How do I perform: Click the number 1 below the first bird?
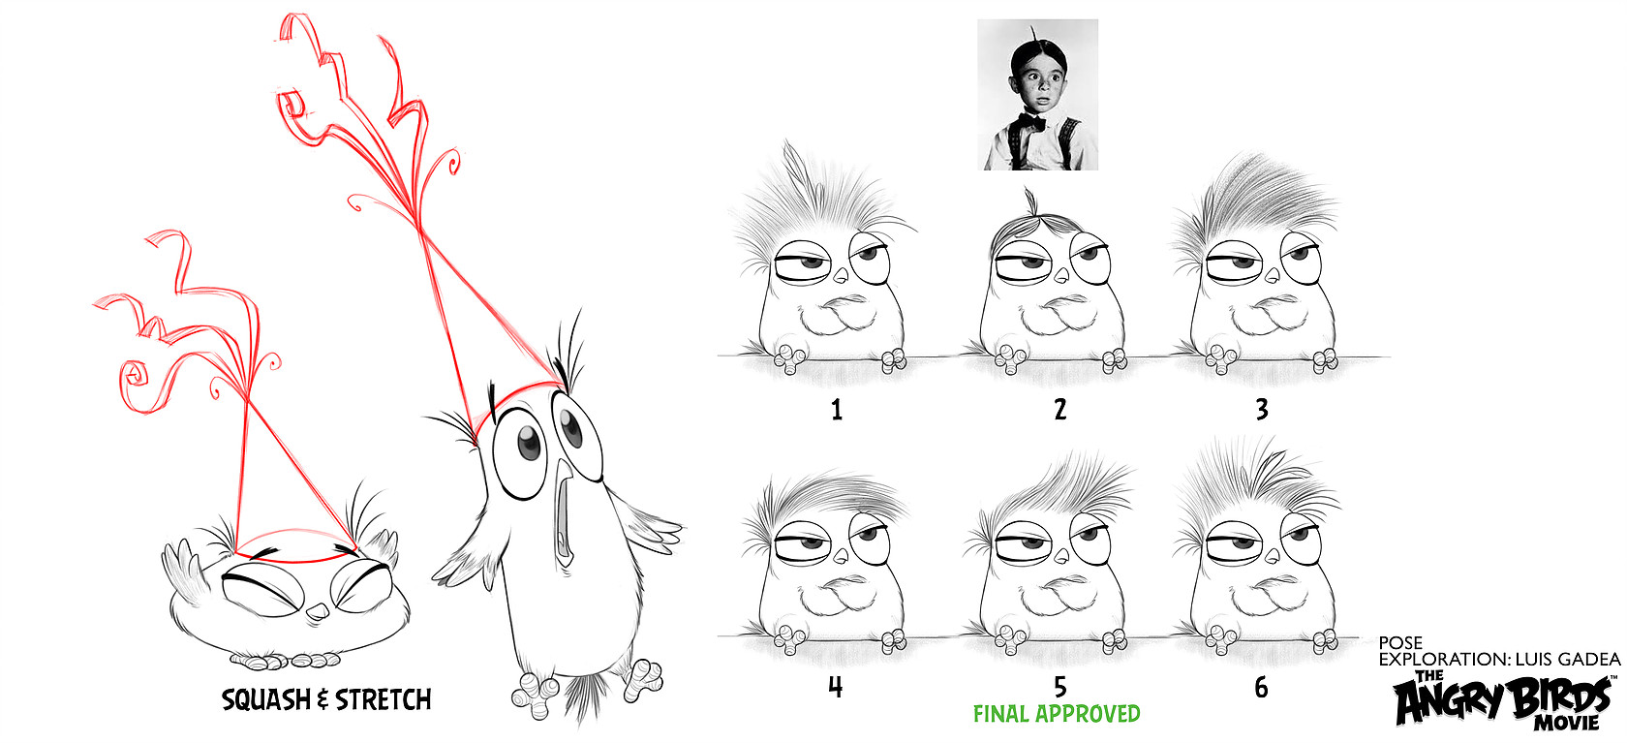pos(837,410)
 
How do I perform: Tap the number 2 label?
pos(1059,410)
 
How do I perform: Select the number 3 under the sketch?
pos(1263,410)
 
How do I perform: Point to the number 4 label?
pos(835,687)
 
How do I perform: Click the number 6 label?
pos(1262,687)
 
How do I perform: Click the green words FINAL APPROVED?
pos(1057,714)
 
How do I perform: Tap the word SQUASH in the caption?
pos(264,700)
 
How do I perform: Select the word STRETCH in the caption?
pos(383,700)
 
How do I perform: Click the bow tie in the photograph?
pos(1032,122)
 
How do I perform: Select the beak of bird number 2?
pos(1061,276)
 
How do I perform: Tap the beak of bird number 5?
pos(1061,556)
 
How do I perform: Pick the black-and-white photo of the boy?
pos(1037,94)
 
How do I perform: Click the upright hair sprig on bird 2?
pos(1030,202)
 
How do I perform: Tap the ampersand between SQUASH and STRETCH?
pos(322,701)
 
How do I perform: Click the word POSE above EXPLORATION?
pos(1400,643)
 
